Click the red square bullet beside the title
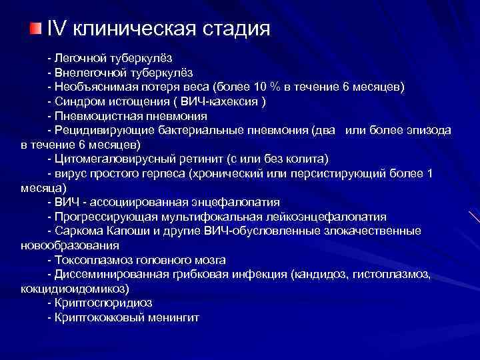pos(35,29)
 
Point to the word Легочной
pos(77,59)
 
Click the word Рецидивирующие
pos(95,131)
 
